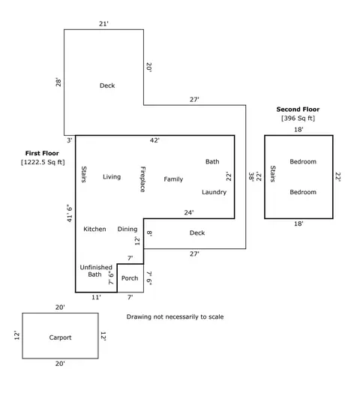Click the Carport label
coord(60,337)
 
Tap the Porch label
coord(130,278)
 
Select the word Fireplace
coord(142,179)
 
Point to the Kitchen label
coord(94,229)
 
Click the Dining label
coord(127,229)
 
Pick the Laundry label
coord(214,192)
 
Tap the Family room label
coord(173,179)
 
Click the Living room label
coord(112,177)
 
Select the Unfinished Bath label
coord(96,271)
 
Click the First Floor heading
coord(42,153)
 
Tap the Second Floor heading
coord(298,109)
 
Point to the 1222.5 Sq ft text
coord(43,162)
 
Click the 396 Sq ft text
coord(298,118)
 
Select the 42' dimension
coord(154,140)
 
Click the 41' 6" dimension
coord(70,213)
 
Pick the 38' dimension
coord(251,176)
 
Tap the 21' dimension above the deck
coord(103,24)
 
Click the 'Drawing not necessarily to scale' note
coord(175,316)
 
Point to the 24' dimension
coord(189,213)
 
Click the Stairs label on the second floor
coord(273,174)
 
